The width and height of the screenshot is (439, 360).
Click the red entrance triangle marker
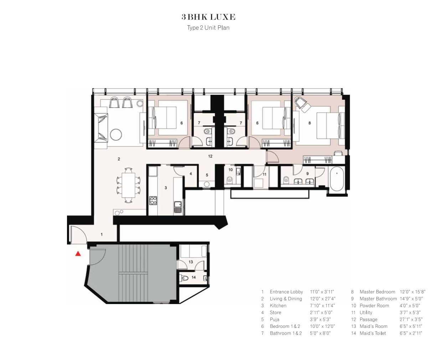pos(78,253)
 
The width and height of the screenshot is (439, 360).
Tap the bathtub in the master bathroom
pos(337,179)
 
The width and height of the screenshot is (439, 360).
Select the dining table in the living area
pos(129,185)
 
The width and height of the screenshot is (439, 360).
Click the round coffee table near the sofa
pos(116,135)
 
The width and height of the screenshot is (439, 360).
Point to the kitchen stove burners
pos(153,200)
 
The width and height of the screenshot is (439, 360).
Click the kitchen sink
pos(177,207)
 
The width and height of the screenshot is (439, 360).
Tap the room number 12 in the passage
pos(210,156)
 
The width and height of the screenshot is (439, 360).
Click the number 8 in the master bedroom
pos(310,123)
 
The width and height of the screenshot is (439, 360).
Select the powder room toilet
pos(229,179)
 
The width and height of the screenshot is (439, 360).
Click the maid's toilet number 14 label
pos(193,277)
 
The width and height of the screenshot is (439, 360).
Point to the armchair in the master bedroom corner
pos(302,105)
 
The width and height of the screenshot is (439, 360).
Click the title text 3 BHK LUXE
pos(208,17)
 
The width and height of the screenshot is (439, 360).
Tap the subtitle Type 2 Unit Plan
pos(208,28)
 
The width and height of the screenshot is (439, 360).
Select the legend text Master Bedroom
pos(377,292)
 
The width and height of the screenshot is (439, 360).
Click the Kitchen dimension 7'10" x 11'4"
pos(322,305)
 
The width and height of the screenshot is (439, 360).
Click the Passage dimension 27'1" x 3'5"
pos(411,319)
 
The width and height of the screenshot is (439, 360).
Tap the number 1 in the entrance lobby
pos(102,235)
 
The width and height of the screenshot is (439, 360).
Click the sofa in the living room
pos(101,128)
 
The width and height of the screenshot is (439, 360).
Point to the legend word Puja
pos(275,319)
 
